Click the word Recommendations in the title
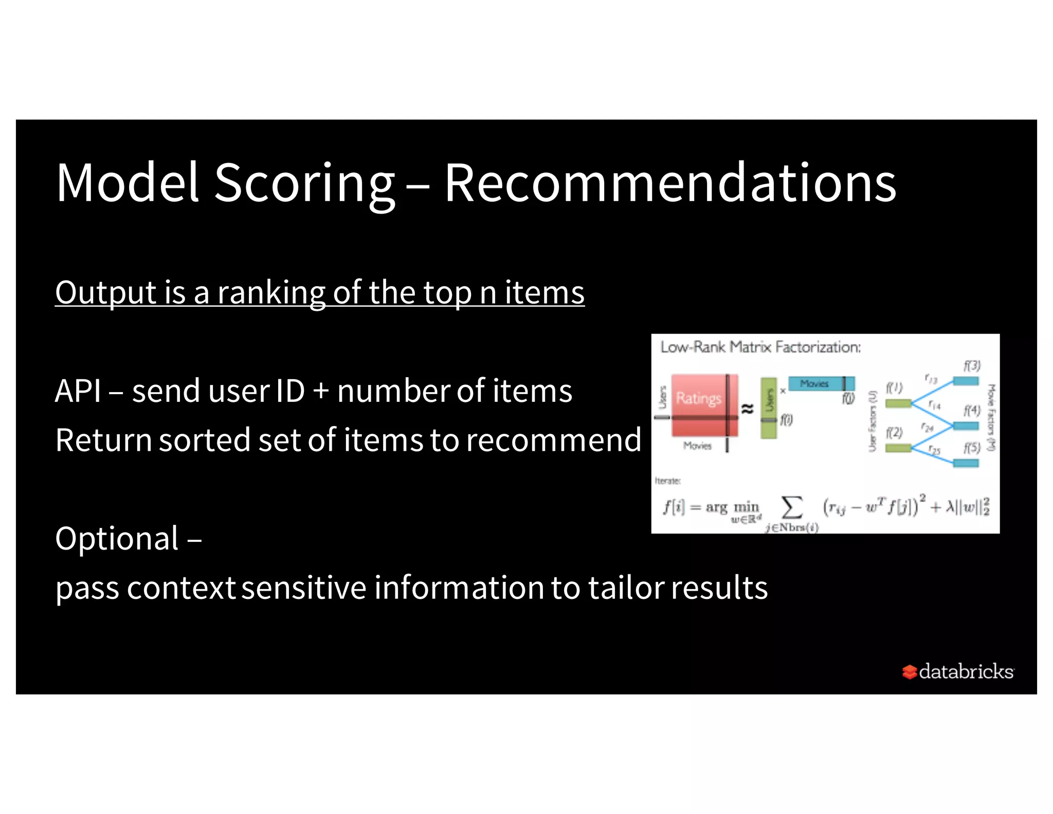(x=670, y=183)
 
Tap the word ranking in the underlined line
(x=271, y=293)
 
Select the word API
(x=78, y=391)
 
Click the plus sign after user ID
(x=321, y=391)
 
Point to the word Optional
(x=117, y=539)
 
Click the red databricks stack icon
(x=909, y=672)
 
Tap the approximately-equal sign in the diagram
(x=747, y=409)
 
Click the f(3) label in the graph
(x=972, y=366)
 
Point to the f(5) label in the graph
(x=972, y=448)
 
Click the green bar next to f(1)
(x=898, y=403)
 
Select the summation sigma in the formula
(x=792, y=507)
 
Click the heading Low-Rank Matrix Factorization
(x=760, y=347)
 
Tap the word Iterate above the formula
(x=667, y=481)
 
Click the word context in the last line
(x=181, y=588)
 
